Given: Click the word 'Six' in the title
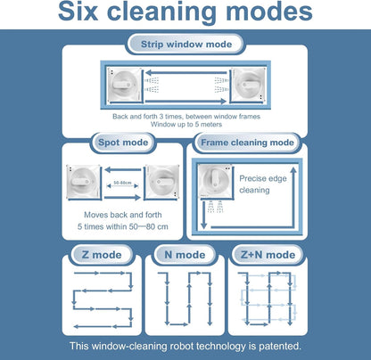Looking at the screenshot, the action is (78, 12).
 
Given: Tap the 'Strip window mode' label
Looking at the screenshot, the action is (186, 45).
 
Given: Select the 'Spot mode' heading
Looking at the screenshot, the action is (123, 143).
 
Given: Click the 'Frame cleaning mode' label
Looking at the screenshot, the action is (247, 143).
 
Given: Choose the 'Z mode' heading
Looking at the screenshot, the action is (102, 255).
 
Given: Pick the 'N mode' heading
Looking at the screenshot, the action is (185, 255).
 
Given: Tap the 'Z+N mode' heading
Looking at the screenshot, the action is (268, 255).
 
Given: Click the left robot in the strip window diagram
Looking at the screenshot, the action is (124, 86).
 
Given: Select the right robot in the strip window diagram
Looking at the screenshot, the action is (248, 85).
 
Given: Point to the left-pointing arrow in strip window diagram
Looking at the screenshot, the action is (186, 72).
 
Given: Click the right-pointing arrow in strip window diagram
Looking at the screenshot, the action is (185, 102).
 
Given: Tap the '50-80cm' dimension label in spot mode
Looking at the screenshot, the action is (122, 183).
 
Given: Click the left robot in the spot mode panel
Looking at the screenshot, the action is (83, 182).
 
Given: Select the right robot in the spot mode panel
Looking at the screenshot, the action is (162, 182).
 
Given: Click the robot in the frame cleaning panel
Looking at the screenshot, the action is (215, 181).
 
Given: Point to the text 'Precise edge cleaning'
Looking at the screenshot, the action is (263, 184).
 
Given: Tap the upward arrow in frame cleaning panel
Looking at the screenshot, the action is (293, 196).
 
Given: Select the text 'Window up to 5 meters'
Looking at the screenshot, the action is (186, 125).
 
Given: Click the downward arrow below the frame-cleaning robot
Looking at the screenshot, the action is (203, 215).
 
